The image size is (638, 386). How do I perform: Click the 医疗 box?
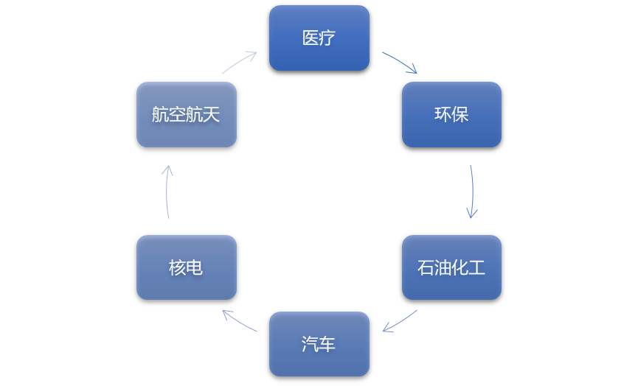coord(319,38)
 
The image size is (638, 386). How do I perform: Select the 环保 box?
coord(451,114)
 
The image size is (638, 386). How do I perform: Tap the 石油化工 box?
coord(451,267)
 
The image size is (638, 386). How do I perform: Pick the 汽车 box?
coord(319,344)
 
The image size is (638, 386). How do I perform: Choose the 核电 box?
coord(186,267)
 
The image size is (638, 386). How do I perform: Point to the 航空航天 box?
coord(186,114)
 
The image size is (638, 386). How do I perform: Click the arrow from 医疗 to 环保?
coord(401,62)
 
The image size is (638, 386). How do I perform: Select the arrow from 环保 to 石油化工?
coord(472,192)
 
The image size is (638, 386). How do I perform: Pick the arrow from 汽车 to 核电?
coord(239,321)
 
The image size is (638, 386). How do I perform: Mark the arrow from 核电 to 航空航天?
coord(167,192)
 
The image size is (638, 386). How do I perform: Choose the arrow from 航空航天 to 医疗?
coord(240,62)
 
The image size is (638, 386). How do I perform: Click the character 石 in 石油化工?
coord(426,267)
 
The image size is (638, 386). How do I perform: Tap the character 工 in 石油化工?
coord(477,267)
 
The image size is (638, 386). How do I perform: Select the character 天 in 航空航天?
coord(212,114)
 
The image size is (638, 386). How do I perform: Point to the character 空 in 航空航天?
coord(178,114)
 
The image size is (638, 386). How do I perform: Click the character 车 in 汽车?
coord(327,344)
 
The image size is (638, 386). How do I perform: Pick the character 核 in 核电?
coord(177,267)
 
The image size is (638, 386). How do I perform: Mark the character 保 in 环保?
coord(460,114)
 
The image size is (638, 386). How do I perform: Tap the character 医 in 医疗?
coord(311,38)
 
